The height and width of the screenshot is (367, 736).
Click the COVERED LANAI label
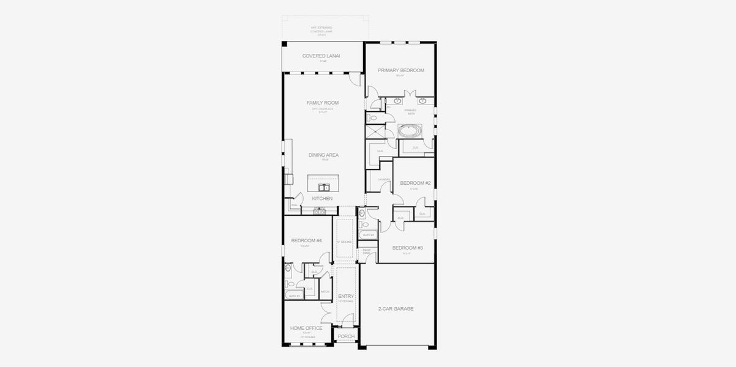(x=321, y=56)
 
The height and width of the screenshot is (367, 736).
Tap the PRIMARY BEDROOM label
(x=400, y=70)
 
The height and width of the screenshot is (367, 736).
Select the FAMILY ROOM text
(x=323, y=103)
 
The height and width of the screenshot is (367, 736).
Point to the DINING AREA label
(x=323, y=155)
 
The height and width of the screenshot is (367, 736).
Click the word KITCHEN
(x=322, y=199)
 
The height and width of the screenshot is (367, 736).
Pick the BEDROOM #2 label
(x=416, y=183)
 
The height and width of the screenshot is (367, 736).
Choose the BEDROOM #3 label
(x=408, y=248)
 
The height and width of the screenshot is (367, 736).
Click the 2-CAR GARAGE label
(x=396, y=309)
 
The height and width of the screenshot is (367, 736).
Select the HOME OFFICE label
(x=306, y=328)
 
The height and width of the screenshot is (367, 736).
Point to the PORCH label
(x=346, y=336)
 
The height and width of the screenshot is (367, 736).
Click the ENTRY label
(x=346, y=296)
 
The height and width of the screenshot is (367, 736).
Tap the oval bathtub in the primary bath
(x=410, y=130)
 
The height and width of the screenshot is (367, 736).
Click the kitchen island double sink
(x=323, y=185)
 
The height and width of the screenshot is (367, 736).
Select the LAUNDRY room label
(x=384, y=179)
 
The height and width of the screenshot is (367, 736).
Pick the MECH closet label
(x=325, y=292)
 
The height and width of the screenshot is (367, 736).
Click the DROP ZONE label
(x=367, y=251)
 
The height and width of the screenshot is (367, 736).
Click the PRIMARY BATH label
(x=410, y=111)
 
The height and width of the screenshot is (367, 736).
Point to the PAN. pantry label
(x=293, y=205)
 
